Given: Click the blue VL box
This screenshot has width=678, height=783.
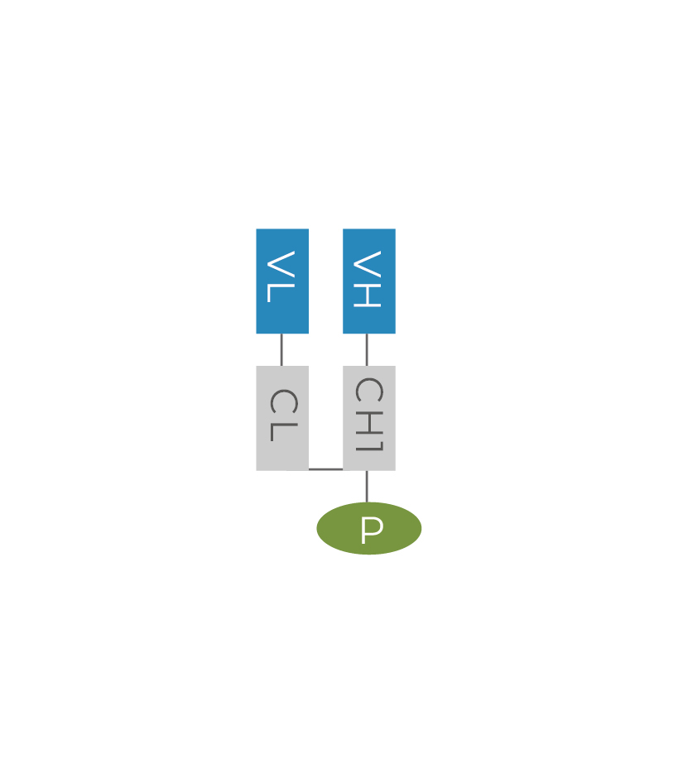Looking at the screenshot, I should pos(281,281).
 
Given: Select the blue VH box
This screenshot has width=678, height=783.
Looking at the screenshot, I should pos(369,281).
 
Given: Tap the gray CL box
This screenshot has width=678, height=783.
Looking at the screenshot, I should pos(281,418).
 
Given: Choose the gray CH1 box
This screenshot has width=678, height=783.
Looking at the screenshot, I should pos(369,418).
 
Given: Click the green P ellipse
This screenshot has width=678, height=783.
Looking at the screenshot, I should pos(369,528).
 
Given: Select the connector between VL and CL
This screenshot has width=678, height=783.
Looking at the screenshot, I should pos(281,350).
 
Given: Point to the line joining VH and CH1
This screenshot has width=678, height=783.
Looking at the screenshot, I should pos(367,350).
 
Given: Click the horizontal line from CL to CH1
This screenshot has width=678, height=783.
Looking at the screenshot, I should pos(325,469).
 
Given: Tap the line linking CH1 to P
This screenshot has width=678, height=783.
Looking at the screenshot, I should pos(367,486).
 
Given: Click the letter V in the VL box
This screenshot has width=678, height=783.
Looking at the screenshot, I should pos(281,264).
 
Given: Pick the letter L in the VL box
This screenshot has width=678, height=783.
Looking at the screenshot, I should pos(281,293).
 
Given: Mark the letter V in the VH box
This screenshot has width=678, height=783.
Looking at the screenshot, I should pos(367,264).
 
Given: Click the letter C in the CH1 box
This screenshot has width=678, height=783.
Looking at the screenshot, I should pos(367,391).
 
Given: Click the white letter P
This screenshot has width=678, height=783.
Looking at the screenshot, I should pos(372,531).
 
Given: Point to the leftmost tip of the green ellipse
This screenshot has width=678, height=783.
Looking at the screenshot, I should pos(317,528).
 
